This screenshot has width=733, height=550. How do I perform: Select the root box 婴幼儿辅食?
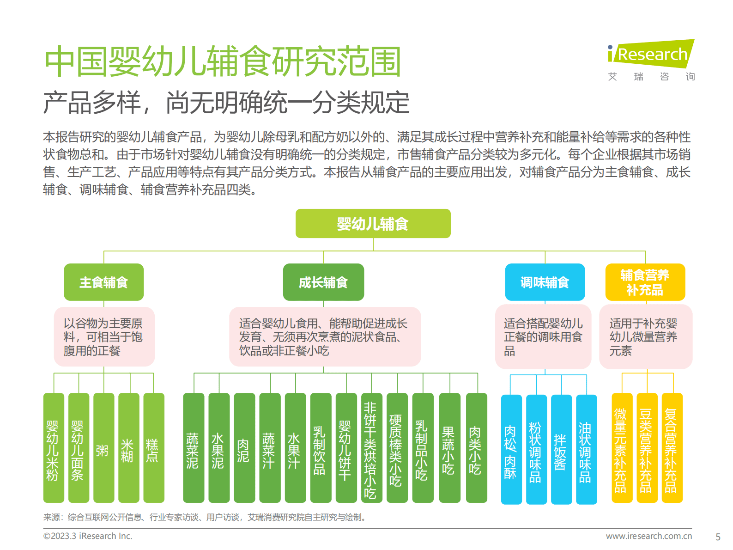(373, 224)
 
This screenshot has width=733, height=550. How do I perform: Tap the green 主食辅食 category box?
(103, 282)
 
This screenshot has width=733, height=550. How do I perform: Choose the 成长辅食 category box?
(323, 282)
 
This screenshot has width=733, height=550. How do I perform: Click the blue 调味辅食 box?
(545, 282)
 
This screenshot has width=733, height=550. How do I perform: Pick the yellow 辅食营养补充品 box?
(645, 282)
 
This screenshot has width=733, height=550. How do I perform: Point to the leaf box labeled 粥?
(103, 447)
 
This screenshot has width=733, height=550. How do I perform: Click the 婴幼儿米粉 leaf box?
(54, 447)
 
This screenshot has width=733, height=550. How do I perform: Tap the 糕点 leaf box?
(153, 447)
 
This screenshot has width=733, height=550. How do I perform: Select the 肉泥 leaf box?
(244, 447)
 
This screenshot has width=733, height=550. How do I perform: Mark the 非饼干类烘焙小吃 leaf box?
(371, 447)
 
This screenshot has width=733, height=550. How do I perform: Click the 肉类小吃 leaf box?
(476, 447)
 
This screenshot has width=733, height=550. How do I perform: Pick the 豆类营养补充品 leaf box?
(647, 447)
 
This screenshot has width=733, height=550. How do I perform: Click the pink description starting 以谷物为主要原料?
(104, 337)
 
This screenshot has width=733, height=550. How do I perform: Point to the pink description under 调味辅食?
(543, 337)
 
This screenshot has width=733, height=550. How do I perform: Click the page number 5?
(718, 537)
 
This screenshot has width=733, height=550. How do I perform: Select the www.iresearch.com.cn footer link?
(648, 536)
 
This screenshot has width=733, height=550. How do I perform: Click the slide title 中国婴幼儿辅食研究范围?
(223, 62)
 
